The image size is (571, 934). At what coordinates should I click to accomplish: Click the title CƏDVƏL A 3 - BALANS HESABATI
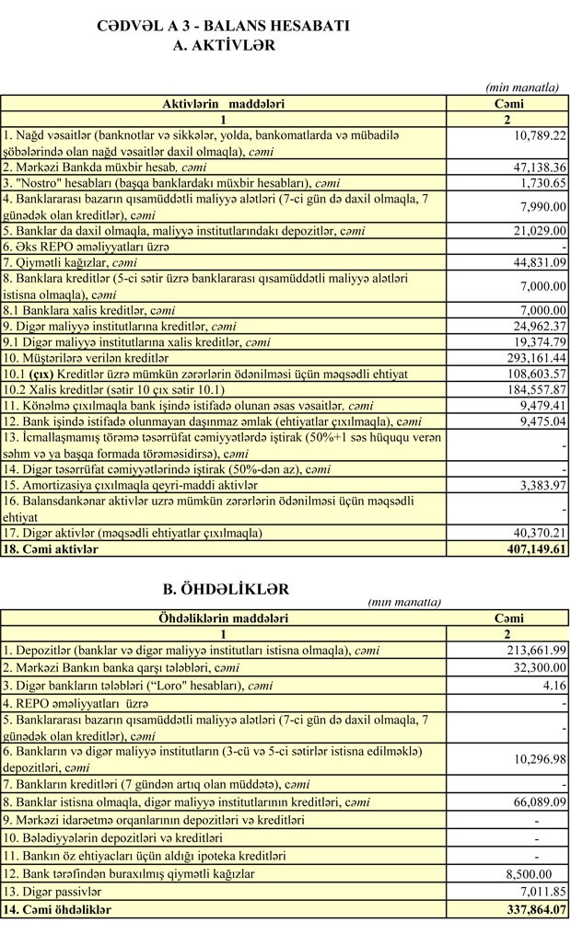(x=223, y=27)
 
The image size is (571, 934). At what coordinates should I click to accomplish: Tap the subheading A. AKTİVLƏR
(x=224, y=44)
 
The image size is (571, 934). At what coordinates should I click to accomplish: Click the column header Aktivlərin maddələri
(x=223, y=104)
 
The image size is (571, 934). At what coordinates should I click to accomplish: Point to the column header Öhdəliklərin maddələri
(x=223, y=618)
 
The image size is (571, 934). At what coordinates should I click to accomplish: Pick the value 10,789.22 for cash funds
(x=539, y=135)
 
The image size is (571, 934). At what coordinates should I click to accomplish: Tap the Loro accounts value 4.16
(x=555, y=682)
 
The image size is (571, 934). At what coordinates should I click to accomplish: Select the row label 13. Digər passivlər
(x=53, y=892)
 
